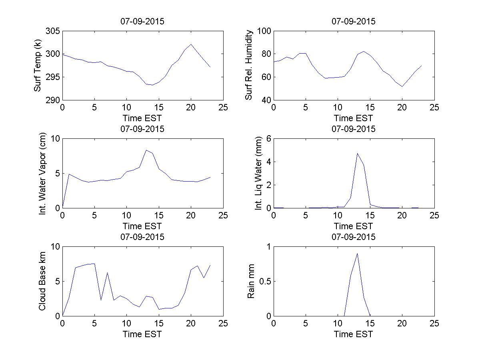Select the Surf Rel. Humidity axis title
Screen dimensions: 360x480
(x=249, y=65)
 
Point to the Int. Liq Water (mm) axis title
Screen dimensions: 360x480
(x=258, y=173)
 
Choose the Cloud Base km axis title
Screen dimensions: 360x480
(x=42, y=281)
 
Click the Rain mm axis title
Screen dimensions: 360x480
(x=251, y=281)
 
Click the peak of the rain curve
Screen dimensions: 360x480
(x=357, y=253)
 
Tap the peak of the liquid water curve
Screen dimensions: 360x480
(x=357, y=153)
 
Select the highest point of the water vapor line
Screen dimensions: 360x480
(x=146, y=150)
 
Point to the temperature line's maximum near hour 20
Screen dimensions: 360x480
(x=191, y=44)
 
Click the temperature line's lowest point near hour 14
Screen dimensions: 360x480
(x=152, y=85)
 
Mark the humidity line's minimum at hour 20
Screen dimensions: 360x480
(x=402, y=86)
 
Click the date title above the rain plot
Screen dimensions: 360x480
(x=354, y=237)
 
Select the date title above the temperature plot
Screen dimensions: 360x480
(x=142, y=22)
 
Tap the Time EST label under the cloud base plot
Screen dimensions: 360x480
(x=142, y=334)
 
